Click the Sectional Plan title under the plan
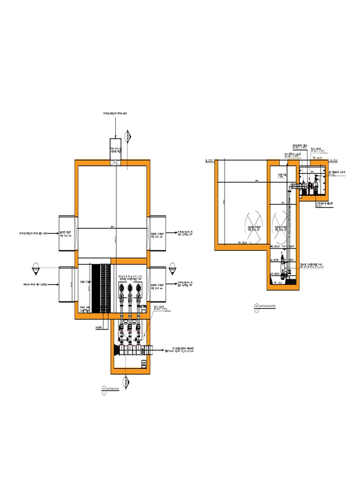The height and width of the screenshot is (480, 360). pos(111,389)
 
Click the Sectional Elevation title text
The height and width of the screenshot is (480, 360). pos(265,306)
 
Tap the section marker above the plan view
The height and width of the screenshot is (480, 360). pos(127,136)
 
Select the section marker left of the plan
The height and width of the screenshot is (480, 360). pos(36,270)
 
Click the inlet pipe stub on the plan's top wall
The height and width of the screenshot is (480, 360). pos(115,151)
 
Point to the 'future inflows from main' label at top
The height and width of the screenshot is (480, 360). pos(115,113)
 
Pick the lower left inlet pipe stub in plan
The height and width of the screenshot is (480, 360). pos(67,285)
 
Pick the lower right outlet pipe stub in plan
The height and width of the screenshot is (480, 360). pos(157,285)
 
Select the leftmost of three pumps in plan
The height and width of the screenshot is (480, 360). pos(121,288)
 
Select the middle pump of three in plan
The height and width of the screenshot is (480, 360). pos(130,288)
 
